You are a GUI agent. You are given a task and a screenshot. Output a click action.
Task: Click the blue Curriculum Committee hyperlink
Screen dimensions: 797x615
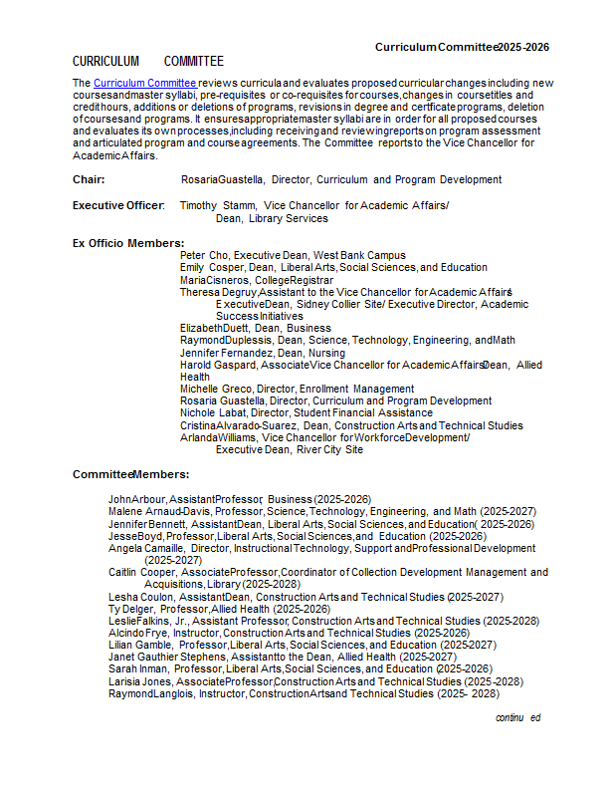point(144,83)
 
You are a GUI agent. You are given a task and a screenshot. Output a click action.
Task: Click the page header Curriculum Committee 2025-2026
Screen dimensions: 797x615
point(462,47)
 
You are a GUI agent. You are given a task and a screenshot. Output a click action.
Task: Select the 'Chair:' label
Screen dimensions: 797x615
point(89,180)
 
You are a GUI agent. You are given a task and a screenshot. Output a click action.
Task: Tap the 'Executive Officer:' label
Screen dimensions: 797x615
point(118,205)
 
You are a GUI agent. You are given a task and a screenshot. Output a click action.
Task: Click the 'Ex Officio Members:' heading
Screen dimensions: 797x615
point(128,243)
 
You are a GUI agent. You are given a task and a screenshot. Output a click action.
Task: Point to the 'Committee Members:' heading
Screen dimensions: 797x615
point(131,474)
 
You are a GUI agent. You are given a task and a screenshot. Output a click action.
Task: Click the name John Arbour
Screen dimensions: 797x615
point(136,499)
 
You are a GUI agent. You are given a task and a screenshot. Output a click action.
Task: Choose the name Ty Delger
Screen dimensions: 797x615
point(131,609)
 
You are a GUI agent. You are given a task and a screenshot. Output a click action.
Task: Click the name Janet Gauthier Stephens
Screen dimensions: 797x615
point(167,658)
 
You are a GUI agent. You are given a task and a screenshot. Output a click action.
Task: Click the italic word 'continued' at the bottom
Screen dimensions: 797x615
point(517,717)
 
